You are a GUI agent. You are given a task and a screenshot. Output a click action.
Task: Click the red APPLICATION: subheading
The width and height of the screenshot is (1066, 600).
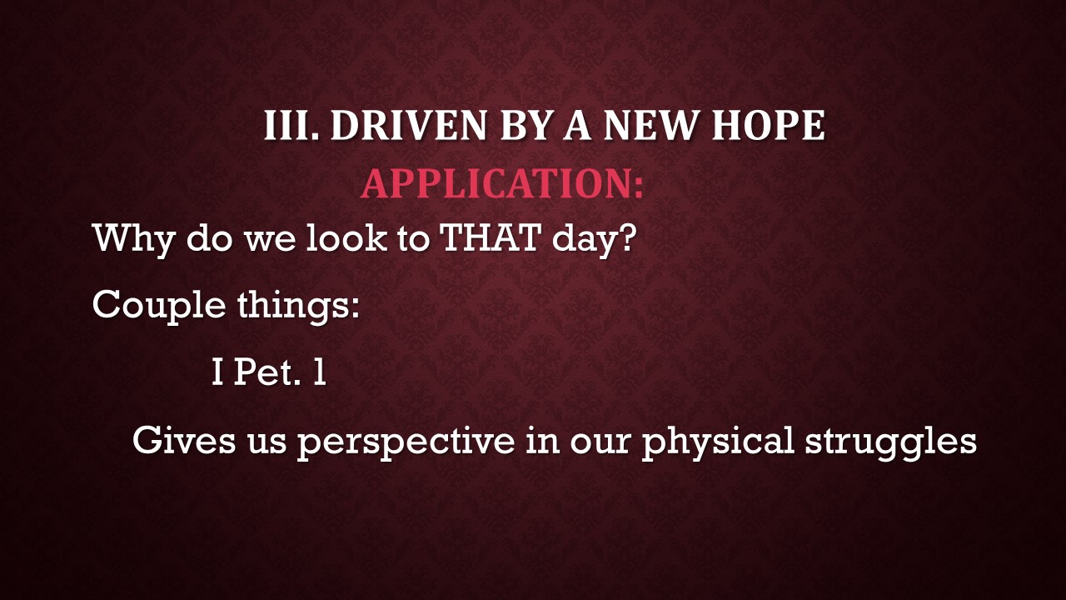502,183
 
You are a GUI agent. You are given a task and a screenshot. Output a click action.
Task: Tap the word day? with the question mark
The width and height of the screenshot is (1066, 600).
594,240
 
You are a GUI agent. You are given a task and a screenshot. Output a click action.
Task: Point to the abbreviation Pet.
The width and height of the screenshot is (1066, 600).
268,373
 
